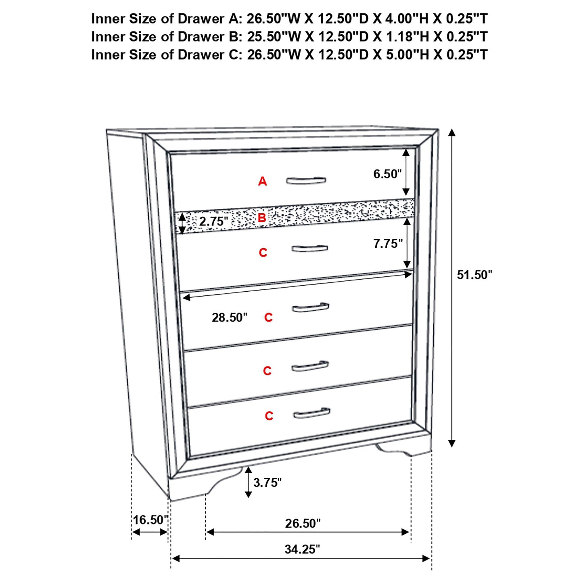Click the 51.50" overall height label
pos(474,275)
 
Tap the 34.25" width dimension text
pos(302,549)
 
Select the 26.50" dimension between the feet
pos(303,523)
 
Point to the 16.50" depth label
pos(150,520)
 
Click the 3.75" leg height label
pos(267,482)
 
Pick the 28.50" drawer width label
pos(230,318)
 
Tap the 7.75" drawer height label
pos(388,244)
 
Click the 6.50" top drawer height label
pos(387,174)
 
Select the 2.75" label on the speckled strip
pos(213,221)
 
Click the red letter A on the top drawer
pos(263,182)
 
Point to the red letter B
pos(262,218)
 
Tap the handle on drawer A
pos(306,180)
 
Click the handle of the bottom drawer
pos(311,413)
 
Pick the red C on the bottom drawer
pos(269,416)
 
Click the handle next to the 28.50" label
pos(310,308)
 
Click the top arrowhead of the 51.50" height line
pos(452,133)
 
